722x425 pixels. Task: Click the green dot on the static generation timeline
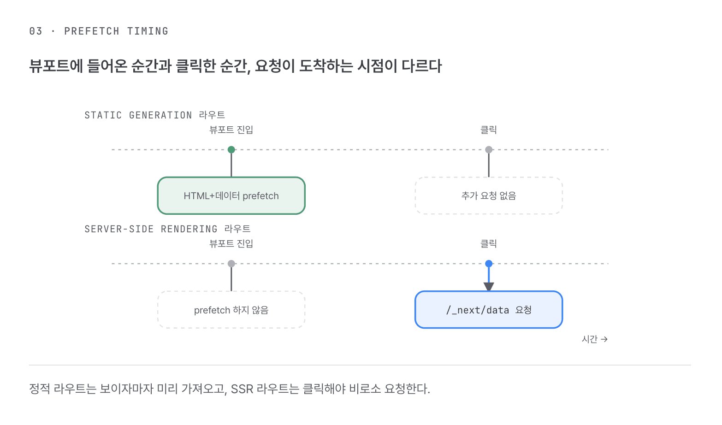[231, 149]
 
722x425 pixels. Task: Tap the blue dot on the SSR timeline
[489, 264]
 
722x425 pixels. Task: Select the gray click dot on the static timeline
[489, 149]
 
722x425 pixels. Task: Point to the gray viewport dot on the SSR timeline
[231, 264]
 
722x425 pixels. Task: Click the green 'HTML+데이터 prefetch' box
[231, 195]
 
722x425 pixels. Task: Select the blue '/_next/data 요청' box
[489, 310]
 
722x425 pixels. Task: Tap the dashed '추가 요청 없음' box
[489, 195]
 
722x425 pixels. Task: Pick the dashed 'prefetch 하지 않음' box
[231, 310]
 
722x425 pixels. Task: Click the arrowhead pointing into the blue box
[489, 286]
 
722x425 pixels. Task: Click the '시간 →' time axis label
[595, 339]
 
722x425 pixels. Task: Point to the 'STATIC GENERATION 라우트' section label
[155, 115]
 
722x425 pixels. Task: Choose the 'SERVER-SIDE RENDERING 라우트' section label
[167, 229]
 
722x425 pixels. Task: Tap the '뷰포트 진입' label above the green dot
[231, 130]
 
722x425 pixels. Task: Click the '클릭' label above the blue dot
[489, 243]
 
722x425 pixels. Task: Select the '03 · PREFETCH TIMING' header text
[99, 31]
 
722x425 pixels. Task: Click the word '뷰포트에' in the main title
[56, 66]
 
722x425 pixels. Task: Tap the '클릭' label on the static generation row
[489, 130]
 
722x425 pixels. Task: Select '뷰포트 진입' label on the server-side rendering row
[231, 243]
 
